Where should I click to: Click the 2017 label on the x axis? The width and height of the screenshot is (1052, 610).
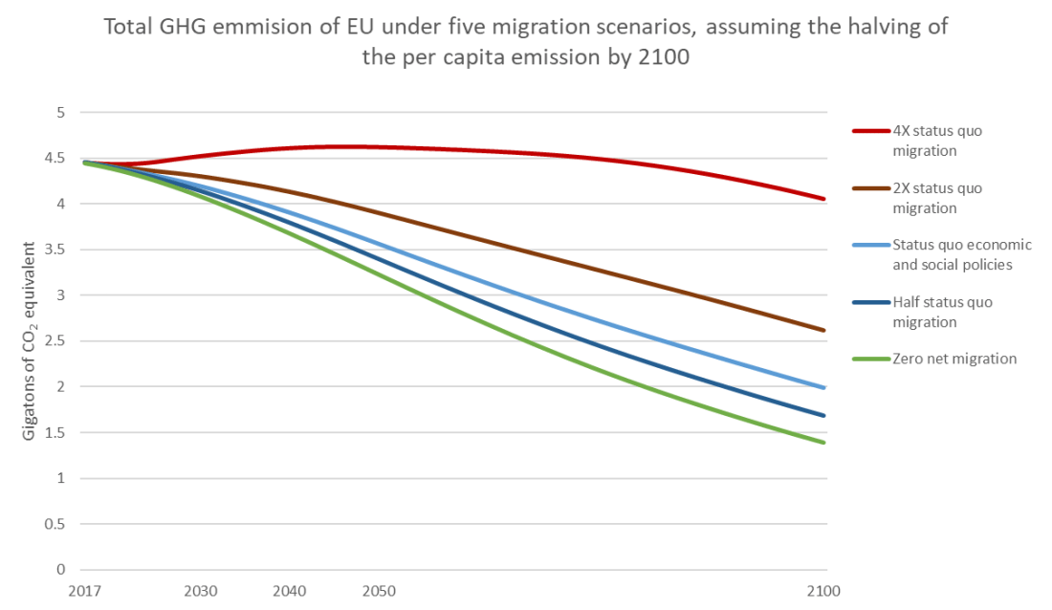(x=83, y=590)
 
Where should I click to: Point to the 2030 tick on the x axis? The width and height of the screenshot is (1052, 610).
(x=199, y=590)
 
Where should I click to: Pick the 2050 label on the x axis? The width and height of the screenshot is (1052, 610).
(x=378, y=590)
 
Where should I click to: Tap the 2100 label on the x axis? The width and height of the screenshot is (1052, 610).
(x=823, y=590)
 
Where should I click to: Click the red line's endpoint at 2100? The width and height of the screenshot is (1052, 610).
(x=824, y=199)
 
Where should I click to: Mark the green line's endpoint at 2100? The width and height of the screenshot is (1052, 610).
(x=824, y=443)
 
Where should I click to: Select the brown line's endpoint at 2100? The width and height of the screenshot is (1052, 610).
(x=824, y=331)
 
